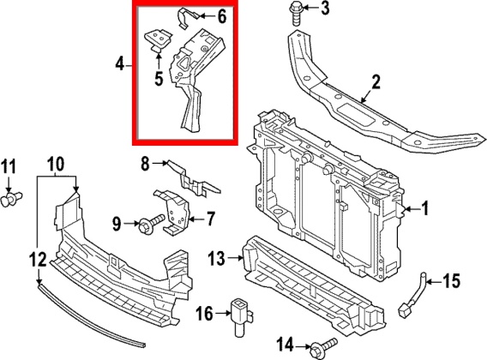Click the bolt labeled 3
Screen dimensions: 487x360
click(x=297, y=14)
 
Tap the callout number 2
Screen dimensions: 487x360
click(x=376, y=82)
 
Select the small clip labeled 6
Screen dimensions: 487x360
click(x=186, y=18)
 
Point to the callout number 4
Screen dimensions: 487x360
click(x=120, y=65)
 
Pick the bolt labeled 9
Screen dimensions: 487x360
click(x=152, y=225)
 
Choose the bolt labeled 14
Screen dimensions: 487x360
click(x=323, y=346)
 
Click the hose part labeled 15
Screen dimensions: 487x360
click(x=412, y=292)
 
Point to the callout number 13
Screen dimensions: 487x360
click(x=216, y=258)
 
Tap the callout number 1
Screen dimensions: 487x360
click(x=424, y=208)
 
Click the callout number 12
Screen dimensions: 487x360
click(x=39, y=260)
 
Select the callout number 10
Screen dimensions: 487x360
click(x=56, y=164)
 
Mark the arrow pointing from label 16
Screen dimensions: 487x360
click(x=222, y=314)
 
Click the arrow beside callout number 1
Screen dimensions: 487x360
click(x=412, y=209)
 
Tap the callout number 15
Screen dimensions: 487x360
click(x=451, y=281)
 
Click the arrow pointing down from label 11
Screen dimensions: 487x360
click(x=9, y=184)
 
